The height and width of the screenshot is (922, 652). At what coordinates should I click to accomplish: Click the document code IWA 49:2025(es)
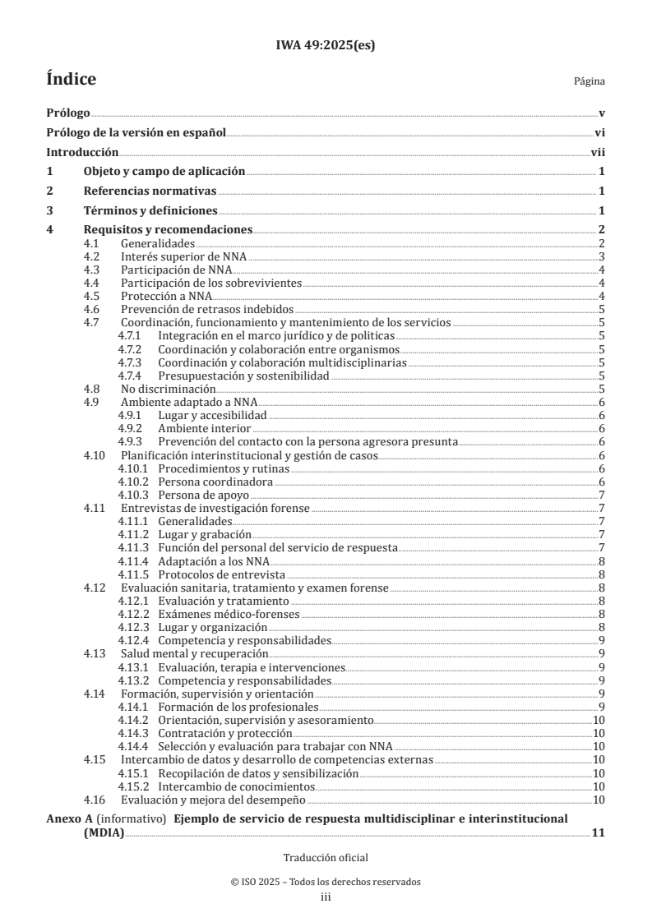[326, 46]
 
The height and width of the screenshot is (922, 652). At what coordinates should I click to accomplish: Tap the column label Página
[590, 81]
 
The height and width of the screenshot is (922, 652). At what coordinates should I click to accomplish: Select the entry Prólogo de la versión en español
[136, 132]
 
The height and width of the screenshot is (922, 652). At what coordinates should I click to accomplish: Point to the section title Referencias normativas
[150, 191]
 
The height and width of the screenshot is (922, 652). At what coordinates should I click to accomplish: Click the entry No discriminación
[168, 389]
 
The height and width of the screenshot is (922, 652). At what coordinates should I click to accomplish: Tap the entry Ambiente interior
[205, 428]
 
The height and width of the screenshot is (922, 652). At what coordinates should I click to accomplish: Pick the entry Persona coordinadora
[215, 481]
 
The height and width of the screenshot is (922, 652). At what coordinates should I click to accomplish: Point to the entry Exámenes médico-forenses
[229, 613]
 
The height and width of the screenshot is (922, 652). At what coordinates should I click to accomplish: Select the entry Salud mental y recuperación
[194, 653]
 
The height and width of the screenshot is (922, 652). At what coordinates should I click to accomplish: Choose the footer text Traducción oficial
[326, 857]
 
